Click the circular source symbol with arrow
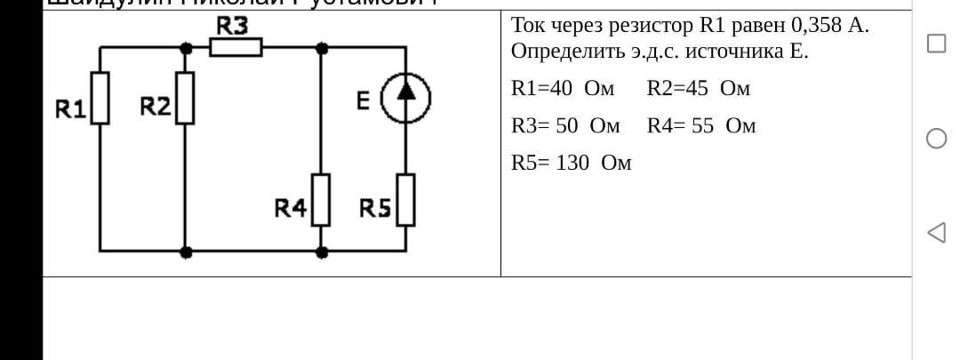tap(406, 98)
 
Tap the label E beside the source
tap(364, 101)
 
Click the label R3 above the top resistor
tap(233, 26)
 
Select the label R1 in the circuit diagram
tap(70, 109)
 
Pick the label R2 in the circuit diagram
tap(156, 107)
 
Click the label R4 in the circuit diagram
tap(290, 209)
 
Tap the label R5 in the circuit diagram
tap(375, 209)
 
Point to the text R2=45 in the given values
tap(678, 89)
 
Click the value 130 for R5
tap(572, 164)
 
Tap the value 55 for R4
tap(702, 126)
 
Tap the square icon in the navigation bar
tap(936, 44)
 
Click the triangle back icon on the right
tap(936, 233)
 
